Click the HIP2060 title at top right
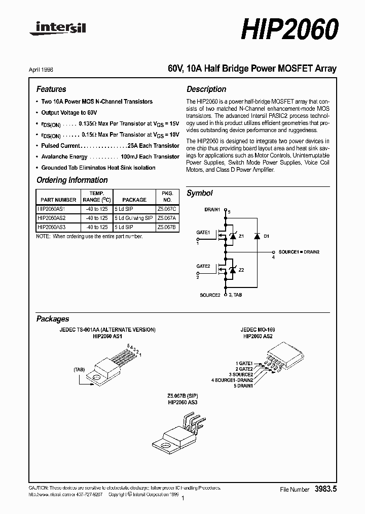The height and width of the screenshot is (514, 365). [x=288, y=30]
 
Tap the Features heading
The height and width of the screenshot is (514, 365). [x=51, y=89]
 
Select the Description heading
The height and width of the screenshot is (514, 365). [x=206, y=89]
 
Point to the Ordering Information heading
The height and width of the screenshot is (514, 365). [x=72, y=180]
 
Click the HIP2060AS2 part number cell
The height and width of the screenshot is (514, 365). [x=52, y=218]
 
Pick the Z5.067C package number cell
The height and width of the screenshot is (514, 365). [x=167, y=209]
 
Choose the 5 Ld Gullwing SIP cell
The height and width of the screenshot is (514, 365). [x=133, y=218]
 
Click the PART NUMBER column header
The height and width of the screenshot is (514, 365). [x=58, y=200]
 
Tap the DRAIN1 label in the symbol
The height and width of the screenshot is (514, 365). [x=212, y=209]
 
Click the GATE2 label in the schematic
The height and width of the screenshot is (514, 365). [x=203, y=266]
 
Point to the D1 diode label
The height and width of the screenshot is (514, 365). [x=267, y=237]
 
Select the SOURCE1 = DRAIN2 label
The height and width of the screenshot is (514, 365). [x=299, y=252]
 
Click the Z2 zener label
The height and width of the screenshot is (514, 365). [x=241, y=270]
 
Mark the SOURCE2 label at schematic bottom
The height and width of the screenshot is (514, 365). [x=210, y=295]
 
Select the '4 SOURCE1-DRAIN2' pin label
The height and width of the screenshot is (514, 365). [x=232, y=380]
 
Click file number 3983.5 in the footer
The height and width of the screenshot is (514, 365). [x=325, y=489]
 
